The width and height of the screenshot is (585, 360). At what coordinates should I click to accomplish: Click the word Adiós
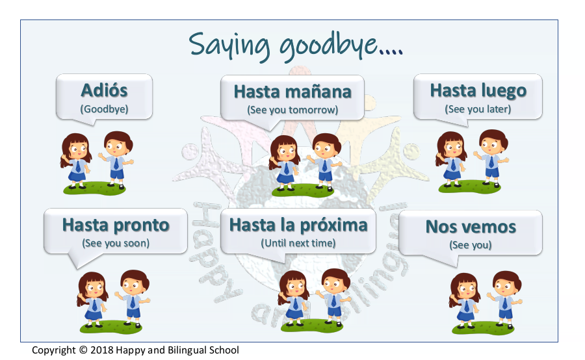click(104, 90)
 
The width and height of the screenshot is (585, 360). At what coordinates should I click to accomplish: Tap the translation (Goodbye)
click(104, 109)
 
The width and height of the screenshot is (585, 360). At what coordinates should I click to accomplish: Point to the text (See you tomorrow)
click(292, 110)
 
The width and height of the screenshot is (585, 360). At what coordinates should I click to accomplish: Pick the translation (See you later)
click(478, 109)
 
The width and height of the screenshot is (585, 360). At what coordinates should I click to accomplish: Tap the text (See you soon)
click(116, 243)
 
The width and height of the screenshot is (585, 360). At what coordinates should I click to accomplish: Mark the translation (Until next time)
click(298, 243)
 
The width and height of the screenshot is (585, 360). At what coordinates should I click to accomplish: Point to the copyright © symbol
click(83, 350)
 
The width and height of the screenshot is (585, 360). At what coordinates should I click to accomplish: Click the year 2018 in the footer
click(102, 350)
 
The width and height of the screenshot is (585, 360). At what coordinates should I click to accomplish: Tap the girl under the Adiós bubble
click(76, 161)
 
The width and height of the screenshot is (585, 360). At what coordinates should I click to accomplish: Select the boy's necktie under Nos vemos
click(505, 303)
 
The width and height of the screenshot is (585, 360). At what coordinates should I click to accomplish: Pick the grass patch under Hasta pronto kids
click(110, 327)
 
